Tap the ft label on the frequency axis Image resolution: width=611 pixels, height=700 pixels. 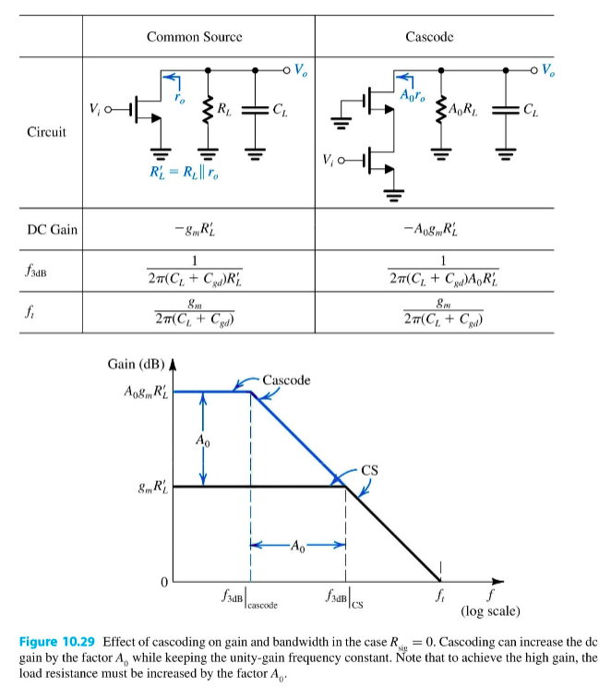440,597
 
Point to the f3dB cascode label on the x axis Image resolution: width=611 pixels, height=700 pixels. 250,600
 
